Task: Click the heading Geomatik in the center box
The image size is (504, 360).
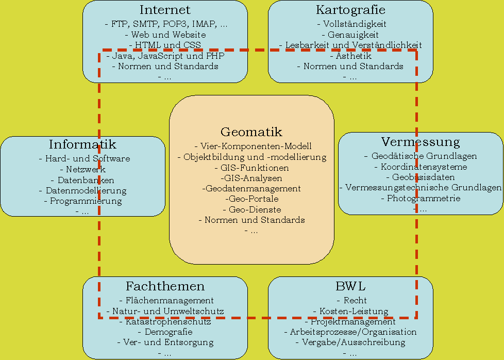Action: point(251,132)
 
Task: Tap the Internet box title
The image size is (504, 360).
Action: point(165,10)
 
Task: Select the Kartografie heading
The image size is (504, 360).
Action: point(350,10)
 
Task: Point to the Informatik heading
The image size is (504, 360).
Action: point(82,144)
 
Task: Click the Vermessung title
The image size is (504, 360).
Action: point(421,142)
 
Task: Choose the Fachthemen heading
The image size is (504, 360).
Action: point(165,286)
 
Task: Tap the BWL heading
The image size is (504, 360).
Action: point(350,286)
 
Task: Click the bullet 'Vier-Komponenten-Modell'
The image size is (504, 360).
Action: point(253,146)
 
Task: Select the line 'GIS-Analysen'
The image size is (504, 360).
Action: point(251,178)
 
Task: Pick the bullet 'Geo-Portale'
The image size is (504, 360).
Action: point(251,199)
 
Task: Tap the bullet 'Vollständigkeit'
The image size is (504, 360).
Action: point(351,24)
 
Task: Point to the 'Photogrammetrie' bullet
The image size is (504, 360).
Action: point(421,199)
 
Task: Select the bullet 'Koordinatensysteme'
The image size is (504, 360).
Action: point(421,167)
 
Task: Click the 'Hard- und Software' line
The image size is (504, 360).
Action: point(85,159)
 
